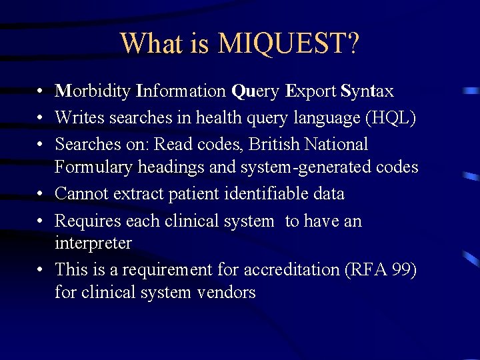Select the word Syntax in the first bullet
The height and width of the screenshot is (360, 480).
coord(367,91)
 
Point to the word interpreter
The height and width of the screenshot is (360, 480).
coord(93,243)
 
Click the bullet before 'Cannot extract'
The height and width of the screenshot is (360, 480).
coord(41,194)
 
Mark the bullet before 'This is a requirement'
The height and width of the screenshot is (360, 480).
coord(41,270)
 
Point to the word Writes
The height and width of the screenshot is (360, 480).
coord(79,118)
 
